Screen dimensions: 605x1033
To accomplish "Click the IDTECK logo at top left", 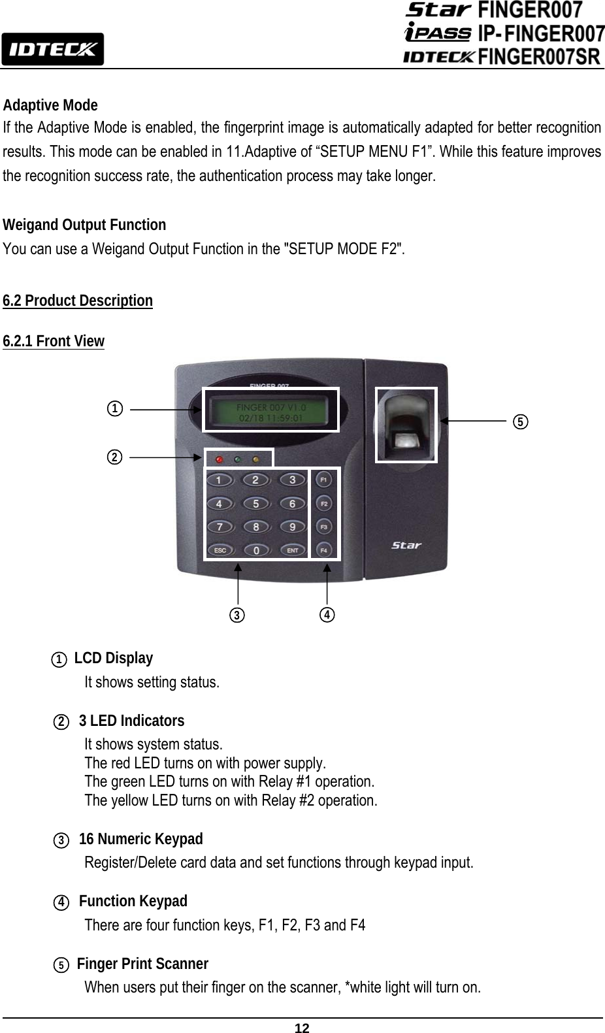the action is tap(52, 49).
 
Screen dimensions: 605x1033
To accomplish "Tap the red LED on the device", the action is tap(220, 459).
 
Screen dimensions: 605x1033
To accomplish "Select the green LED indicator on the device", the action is tap(238, 459).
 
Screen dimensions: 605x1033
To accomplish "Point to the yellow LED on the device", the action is tap(256, 459).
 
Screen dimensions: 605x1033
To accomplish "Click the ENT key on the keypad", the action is tap(292, 550).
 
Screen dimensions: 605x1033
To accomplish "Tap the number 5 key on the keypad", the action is tap(255, 504).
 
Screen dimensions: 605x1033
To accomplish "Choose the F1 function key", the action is tap(324, 480).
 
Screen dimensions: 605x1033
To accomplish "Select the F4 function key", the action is tap(324, 550).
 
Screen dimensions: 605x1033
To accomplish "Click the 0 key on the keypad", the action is tap(255, 550).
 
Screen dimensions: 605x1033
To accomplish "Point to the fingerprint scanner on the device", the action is tap(406, 425).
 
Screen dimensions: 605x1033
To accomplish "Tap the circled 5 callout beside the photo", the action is tap(519, 421).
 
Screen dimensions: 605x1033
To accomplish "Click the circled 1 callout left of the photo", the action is tap(114, 409).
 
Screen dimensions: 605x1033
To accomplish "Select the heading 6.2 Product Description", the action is tap(78, 301).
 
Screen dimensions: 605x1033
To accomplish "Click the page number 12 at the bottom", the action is tap(302, 1028).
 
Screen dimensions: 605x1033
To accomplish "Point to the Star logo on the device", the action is tap(406, 545).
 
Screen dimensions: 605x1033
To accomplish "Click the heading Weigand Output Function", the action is tap(84, 225).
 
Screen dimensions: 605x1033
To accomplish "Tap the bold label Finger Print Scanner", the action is tap(142, 964).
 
